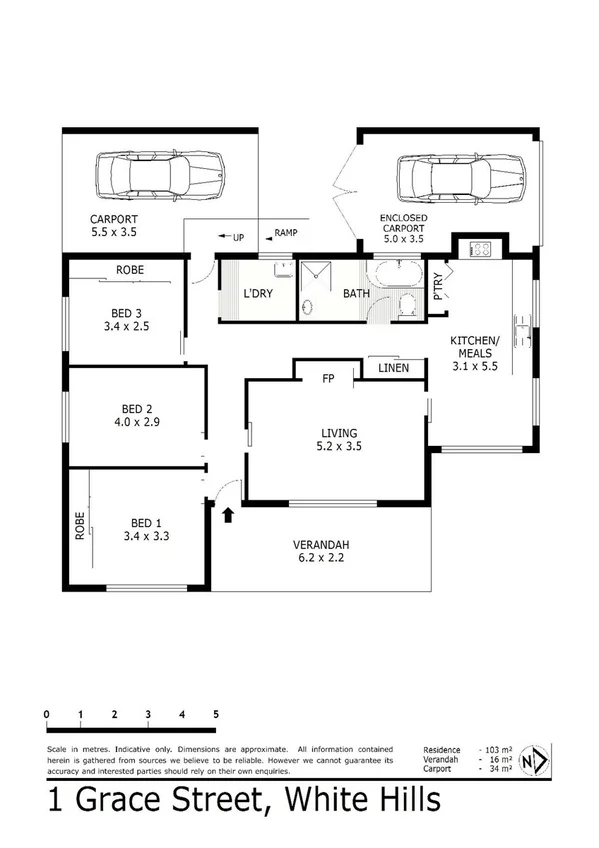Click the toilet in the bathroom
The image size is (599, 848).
tap(407, 304)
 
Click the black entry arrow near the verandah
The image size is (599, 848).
tap(228, 514)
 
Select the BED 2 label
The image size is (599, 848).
tap(135, 409)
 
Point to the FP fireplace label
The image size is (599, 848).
tap(327, 380)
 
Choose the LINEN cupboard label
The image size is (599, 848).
tap(393, 370)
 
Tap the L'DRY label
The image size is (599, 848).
tap(258, 294)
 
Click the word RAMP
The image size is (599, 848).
tap(287, 233)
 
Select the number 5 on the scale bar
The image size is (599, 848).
tap(216, 714)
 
